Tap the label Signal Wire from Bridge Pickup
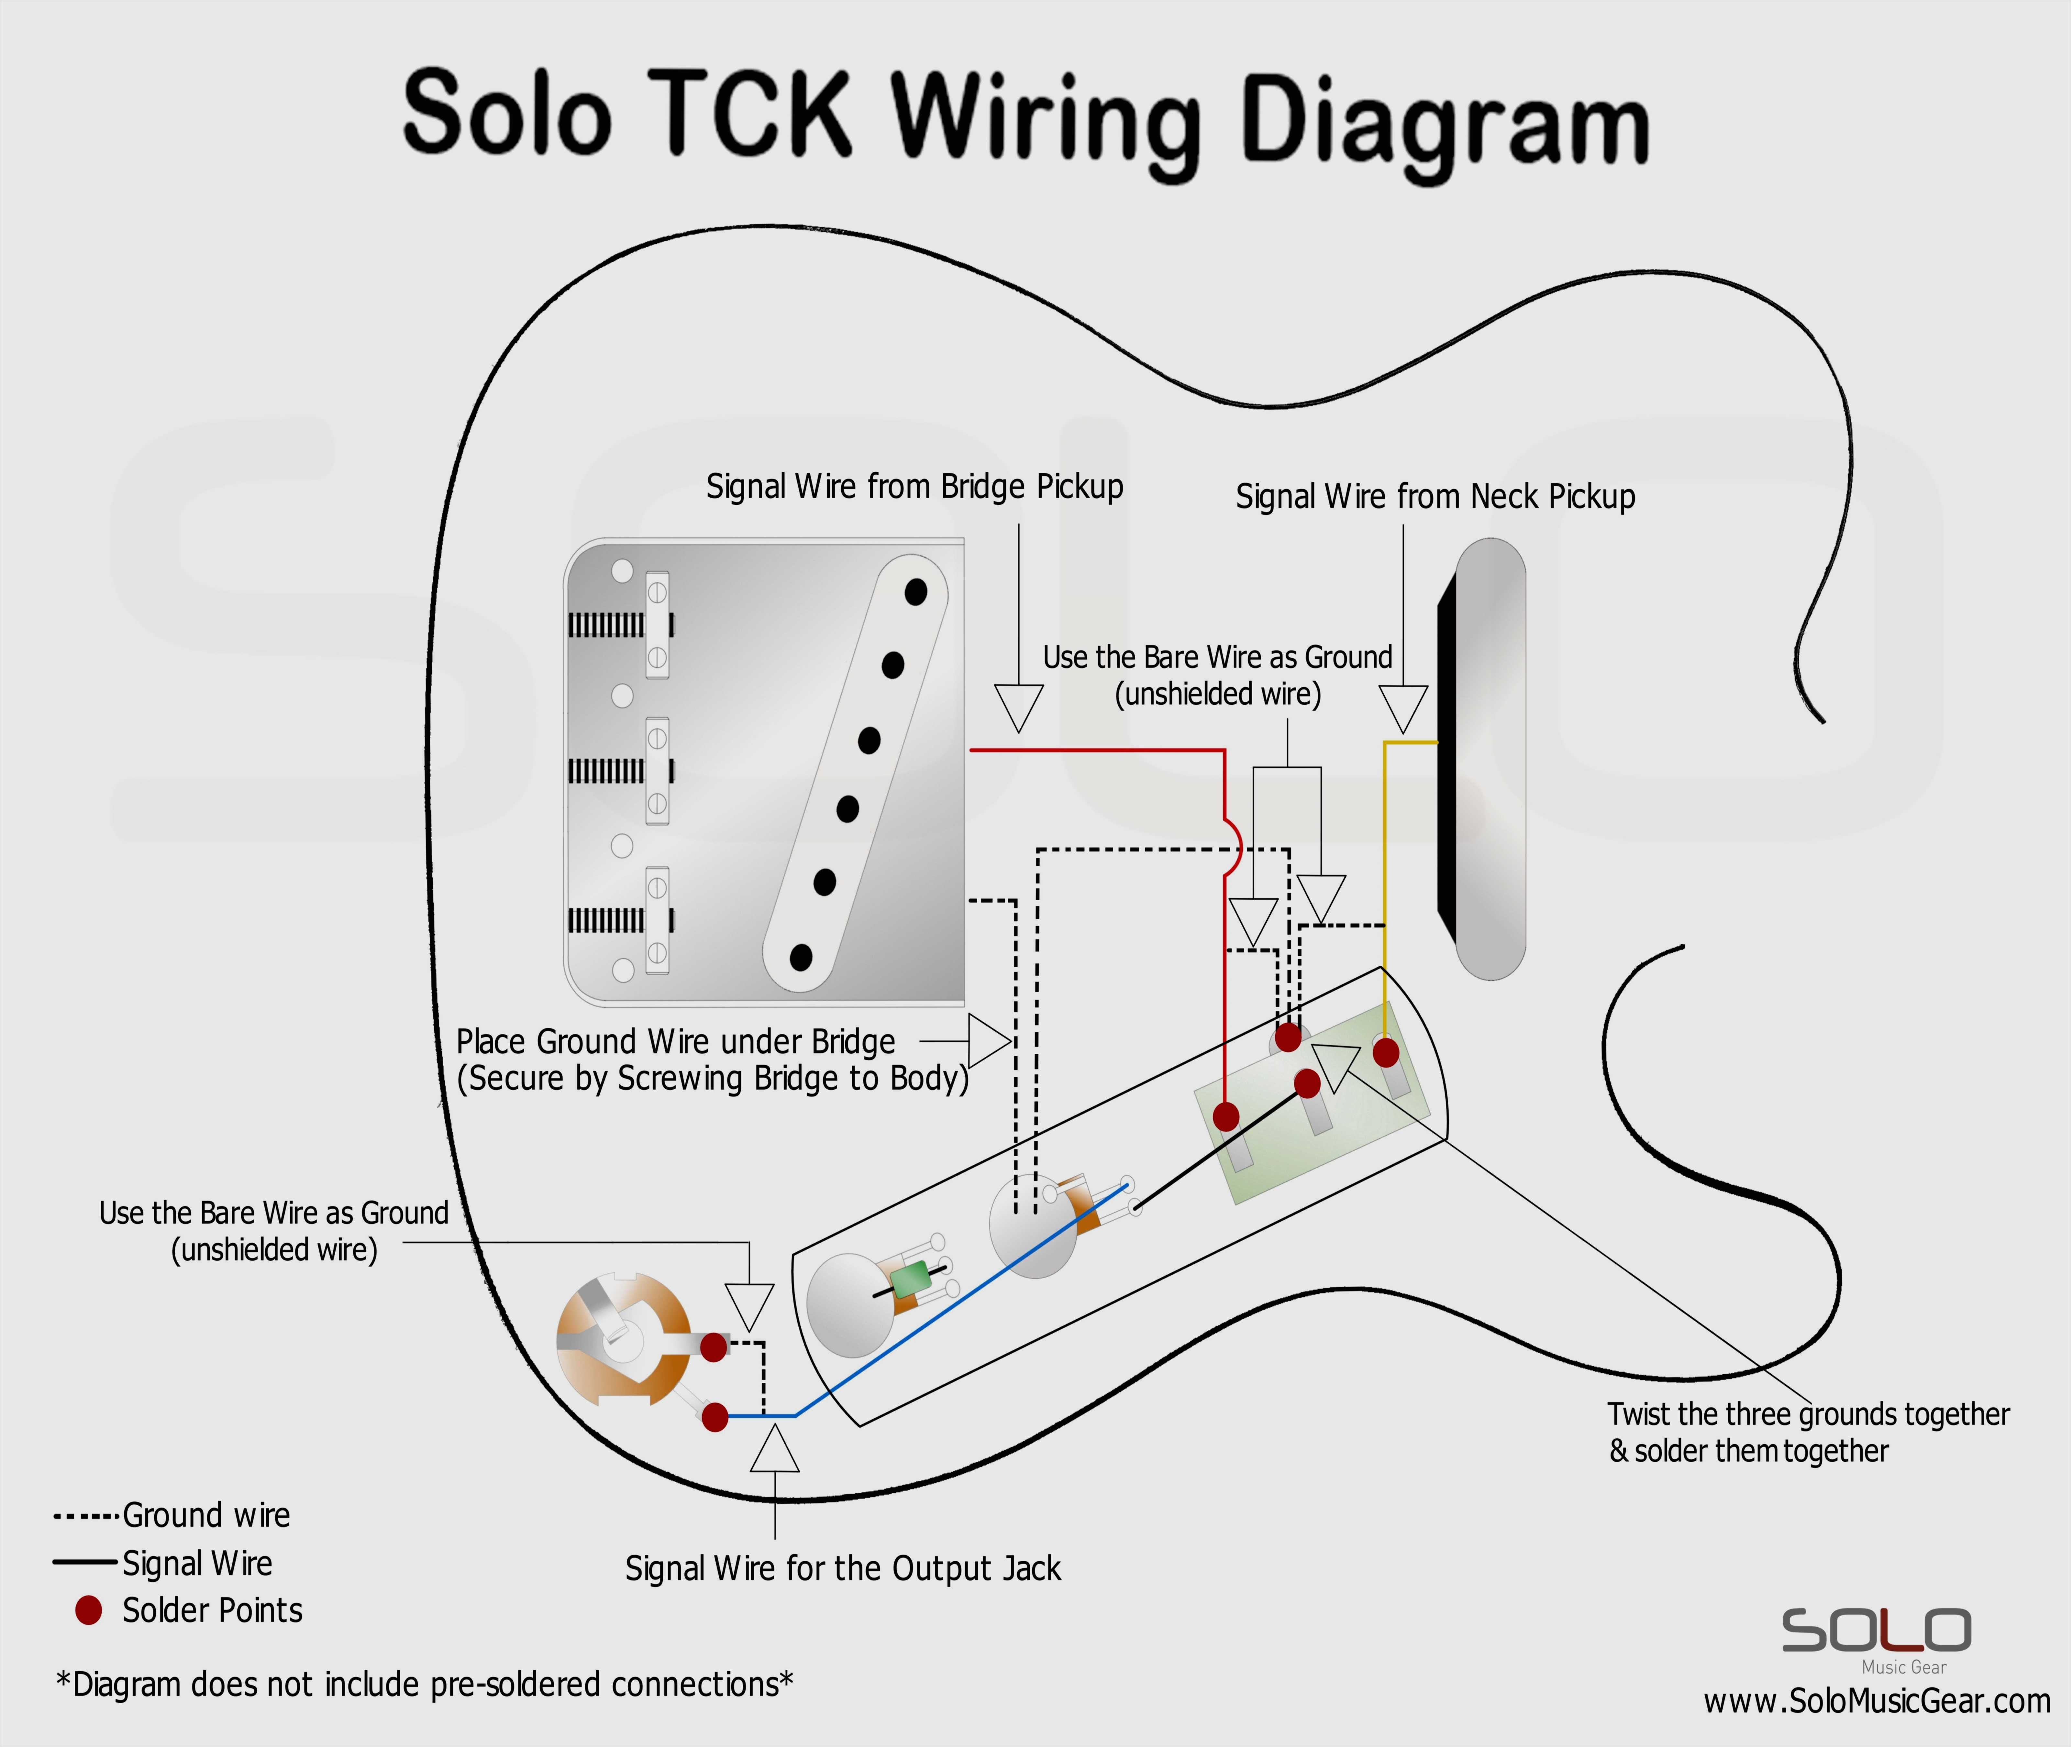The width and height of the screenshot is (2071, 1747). [914, 487]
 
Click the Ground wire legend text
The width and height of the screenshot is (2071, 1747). [206, 1515]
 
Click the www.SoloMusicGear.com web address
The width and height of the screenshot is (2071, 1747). [1876, 1701]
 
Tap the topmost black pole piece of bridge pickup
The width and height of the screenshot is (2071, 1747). [915, 592]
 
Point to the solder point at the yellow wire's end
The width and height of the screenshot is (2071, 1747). [1386, 1052]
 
